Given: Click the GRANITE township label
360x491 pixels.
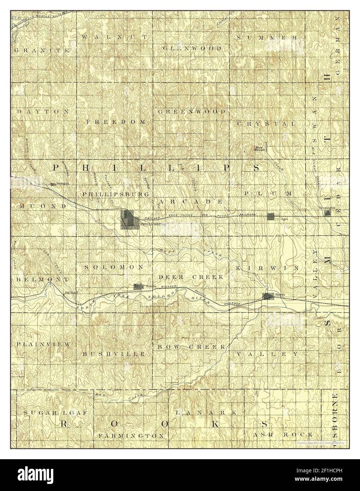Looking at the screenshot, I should (x=42, y=50).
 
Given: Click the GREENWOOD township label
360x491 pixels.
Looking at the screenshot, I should (x=192, y=111).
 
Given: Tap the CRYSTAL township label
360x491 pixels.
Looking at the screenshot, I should (x=266, y=124).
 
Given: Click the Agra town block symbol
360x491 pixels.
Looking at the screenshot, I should (x=271, y=217).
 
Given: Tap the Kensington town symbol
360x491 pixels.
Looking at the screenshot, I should (x=328, y=213).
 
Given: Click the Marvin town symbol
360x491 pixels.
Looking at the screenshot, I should (x=138, y=287).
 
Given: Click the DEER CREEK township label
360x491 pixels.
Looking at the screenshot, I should (x=191, y=277).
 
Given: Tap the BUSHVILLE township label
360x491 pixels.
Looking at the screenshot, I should (x=114, y=354).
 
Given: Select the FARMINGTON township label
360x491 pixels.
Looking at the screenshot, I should (x=131, y=435).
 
